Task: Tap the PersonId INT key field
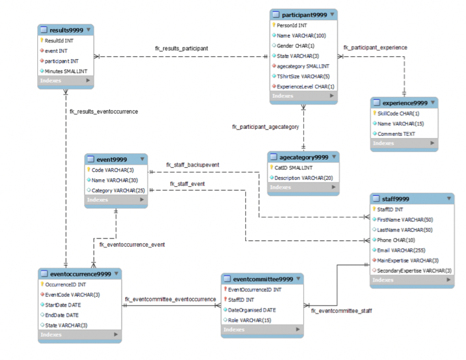click(292, 26)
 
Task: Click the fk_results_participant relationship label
click(181, 48)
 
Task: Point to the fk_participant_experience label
click(375, 48)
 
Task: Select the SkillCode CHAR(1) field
click(398, 113)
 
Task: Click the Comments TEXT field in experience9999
click(396, 134)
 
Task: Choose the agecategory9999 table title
click(304, 157)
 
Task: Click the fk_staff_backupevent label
click(192, 165)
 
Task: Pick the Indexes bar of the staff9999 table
click(412, 280)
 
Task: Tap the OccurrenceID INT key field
click(65, 285)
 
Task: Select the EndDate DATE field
click(62, 315)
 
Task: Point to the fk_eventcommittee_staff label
click(341, 311)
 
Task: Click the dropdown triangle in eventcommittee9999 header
click(298, 279)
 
